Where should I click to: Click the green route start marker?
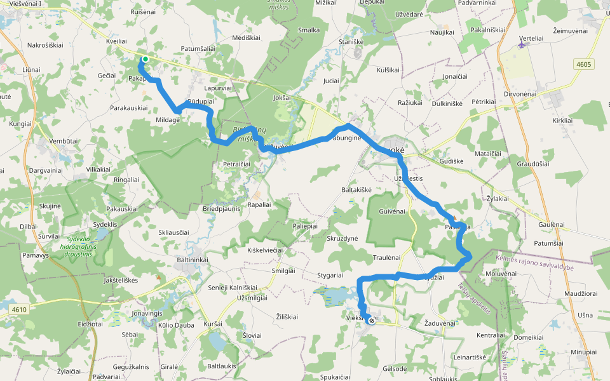tap(146, 60)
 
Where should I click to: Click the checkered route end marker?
tap(371, 321)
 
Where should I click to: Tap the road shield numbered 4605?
tap(584, 63)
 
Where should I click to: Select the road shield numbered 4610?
tap(20, 309)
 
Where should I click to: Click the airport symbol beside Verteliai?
tap(522, 46)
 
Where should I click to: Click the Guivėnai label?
tap(391, 211)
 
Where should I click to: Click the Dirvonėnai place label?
tap(521, 93)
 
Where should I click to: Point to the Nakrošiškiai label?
tap(46, 45)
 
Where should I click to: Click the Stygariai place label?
tap(330, 276)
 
